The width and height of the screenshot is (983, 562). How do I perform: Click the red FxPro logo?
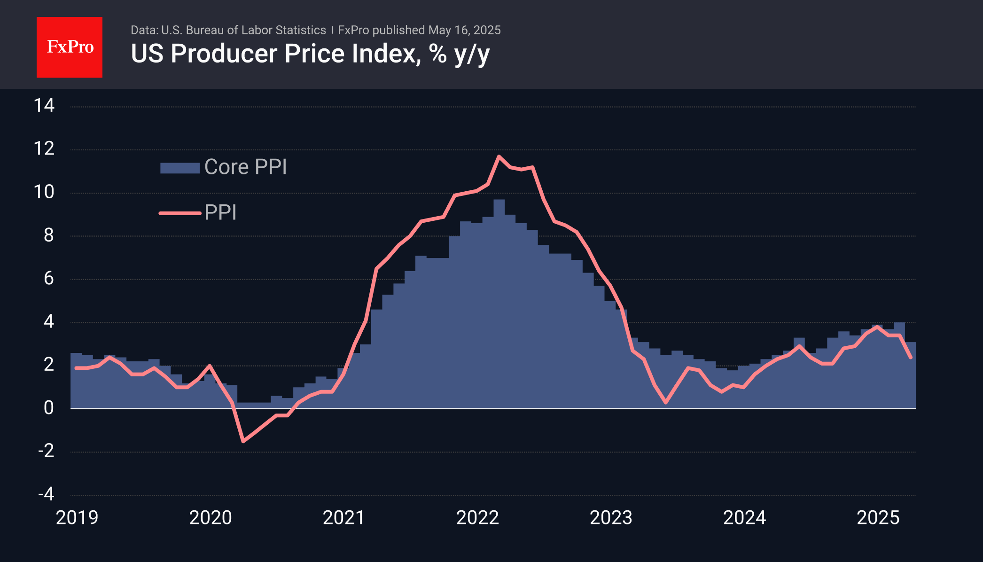click(70, 47)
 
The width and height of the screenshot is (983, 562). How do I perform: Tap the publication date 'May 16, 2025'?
click(464, 30)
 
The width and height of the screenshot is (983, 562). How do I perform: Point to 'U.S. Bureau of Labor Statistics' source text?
click(243, 30)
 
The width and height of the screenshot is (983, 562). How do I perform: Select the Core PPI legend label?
click(245, 167)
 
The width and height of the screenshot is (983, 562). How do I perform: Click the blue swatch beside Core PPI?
click(179, 168)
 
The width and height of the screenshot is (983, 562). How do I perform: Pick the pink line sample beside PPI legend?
click(179, 213)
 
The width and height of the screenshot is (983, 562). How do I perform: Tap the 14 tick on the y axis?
click(44, 105)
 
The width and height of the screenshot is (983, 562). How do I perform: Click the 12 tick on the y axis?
click(44, 149)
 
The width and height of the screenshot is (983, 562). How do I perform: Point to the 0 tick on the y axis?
click(48, 408)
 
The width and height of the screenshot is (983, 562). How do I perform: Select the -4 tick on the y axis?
click(46, 494)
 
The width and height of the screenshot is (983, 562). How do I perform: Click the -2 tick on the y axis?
click(46, 451)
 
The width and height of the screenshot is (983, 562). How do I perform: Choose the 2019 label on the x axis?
click(77, 517)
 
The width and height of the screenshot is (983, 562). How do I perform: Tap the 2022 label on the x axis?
click(477, 517)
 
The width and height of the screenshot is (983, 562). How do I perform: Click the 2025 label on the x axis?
click(878, 517)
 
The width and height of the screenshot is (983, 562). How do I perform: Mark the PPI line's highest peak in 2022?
click(499, 156)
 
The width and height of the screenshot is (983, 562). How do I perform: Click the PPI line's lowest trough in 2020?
click(243, 441)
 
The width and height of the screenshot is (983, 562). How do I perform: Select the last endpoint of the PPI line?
click(911, 358)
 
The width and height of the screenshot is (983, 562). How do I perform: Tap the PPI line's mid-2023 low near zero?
click(666, 402)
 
